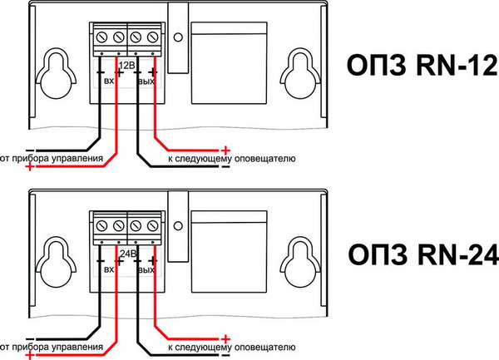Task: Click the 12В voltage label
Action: click(x=126, y=66)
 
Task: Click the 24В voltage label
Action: click(x=128, y=254)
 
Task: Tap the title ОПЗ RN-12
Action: click(x=422, y=65)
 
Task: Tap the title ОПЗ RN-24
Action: click(x=423, y=254)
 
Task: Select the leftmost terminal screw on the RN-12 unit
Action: click(x=101, y=37)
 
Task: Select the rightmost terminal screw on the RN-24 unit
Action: click(x=153, y=226)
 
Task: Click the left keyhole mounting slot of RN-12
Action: click(x=56, y=73)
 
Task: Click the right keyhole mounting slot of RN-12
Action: click(x=300, y=73)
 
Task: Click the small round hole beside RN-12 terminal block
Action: click(x=178, y=37)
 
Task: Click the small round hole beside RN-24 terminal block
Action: click(x=178, y=226)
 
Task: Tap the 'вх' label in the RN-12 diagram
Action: click(x=109, y=81)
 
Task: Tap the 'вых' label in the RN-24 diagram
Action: click(x=146, y=270)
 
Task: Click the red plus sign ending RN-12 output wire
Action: click(x=225, y=150)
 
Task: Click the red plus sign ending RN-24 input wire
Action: click(x=30, y=355)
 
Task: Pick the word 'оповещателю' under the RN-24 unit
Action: click(x=265, y=347)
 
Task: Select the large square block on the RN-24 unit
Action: click(x=230, y=251)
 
